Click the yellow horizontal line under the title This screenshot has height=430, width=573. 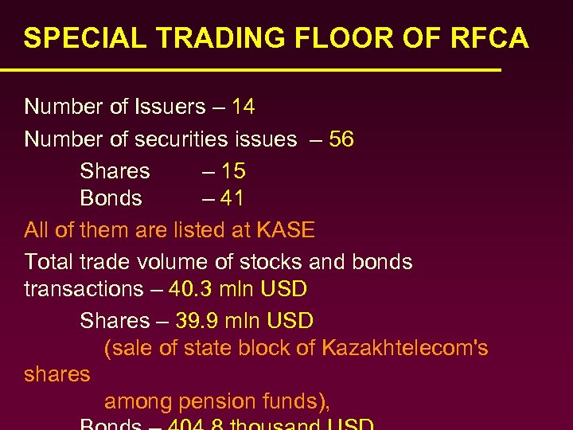coord(251,71)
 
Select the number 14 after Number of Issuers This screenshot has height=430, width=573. coord(243,107)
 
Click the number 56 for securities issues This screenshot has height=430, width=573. coord(341,139)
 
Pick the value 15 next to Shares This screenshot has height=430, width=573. coord(233,171)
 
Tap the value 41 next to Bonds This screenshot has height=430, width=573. coord(232,198)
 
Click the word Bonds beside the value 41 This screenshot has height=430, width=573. coord(111,198)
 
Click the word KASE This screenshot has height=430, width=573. coord(286,231)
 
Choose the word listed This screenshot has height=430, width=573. coord(201,231)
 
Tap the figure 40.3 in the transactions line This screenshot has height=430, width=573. coord(189,289)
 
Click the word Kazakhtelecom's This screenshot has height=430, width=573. coord(404,349)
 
